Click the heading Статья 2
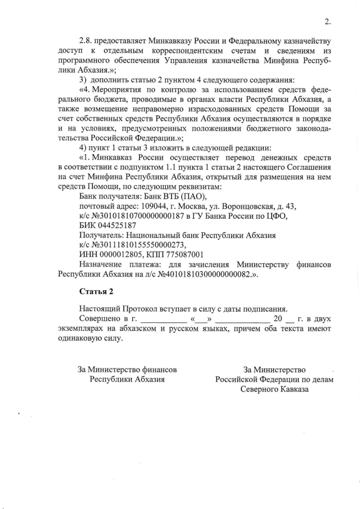(x=96, y=291)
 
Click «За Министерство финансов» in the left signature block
(x=127, y=370)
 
